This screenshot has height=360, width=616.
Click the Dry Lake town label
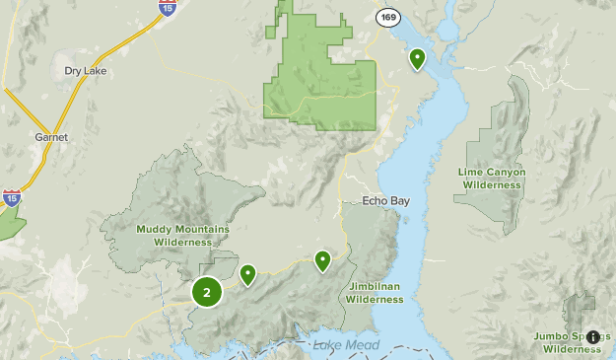[85, 71]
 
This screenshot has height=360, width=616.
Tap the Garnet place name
[51, 137]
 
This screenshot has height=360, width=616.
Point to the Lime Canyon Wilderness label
[492, 178]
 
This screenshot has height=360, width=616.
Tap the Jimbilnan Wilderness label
[375, 292]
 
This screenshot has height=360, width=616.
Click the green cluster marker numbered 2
[206, 292]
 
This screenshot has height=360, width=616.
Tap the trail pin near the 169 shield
[417, 58]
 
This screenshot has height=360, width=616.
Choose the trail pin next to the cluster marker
[247, 273]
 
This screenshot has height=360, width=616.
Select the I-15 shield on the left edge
[12, 198]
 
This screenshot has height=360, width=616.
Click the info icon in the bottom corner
[592, 336]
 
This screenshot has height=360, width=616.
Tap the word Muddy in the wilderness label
[155, 229]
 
